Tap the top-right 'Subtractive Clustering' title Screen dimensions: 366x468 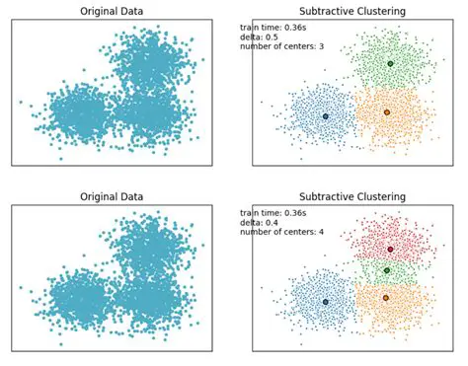pyautogui.click(x=351, y=12)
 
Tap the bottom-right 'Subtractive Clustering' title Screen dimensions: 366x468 pyautogui.click(x=351, y=197)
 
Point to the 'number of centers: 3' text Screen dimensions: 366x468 pyautogui.click(x=282, y=48)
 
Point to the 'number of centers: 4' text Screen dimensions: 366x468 pyautogui.click(x=282, y=234)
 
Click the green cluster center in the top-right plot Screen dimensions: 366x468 pyautogui.click(x=390, y=63)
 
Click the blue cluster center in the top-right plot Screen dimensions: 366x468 pyautogui.click(x=325, y=116)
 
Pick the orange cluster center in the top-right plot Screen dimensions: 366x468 pyautogui.click(x=386, y=111)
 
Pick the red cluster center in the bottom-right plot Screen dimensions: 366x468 pyautogui.click(x=390, y=249)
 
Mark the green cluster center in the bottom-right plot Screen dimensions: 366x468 pyautogui.click(x=386, y=270)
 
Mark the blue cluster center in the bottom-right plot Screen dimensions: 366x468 pyautogui.click(x=325, y=302)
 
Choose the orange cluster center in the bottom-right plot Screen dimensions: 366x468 pyautogui.click(x=385, y=297)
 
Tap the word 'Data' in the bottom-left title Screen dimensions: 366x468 pyautogui.click(x=136, y=197)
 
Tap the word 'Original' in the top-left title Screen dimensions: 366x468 pyautogui.click(x=99, y=12)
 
